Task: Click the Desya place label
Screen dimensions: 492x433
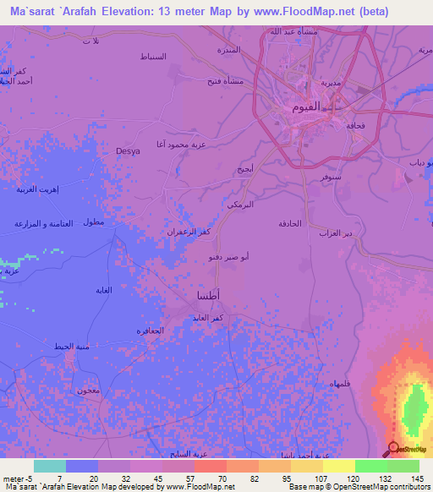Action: tap(128, 151)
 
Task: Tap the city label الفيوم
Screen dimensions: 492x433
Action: tap(305, 107)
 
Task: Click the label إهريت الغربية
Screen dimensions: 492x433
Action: tap(36, 189)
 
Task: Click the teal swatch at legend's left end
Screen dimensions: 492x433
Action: tap(49, 466)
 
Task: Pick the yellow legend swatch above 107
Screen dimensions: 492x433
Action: tap(338, 466)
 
